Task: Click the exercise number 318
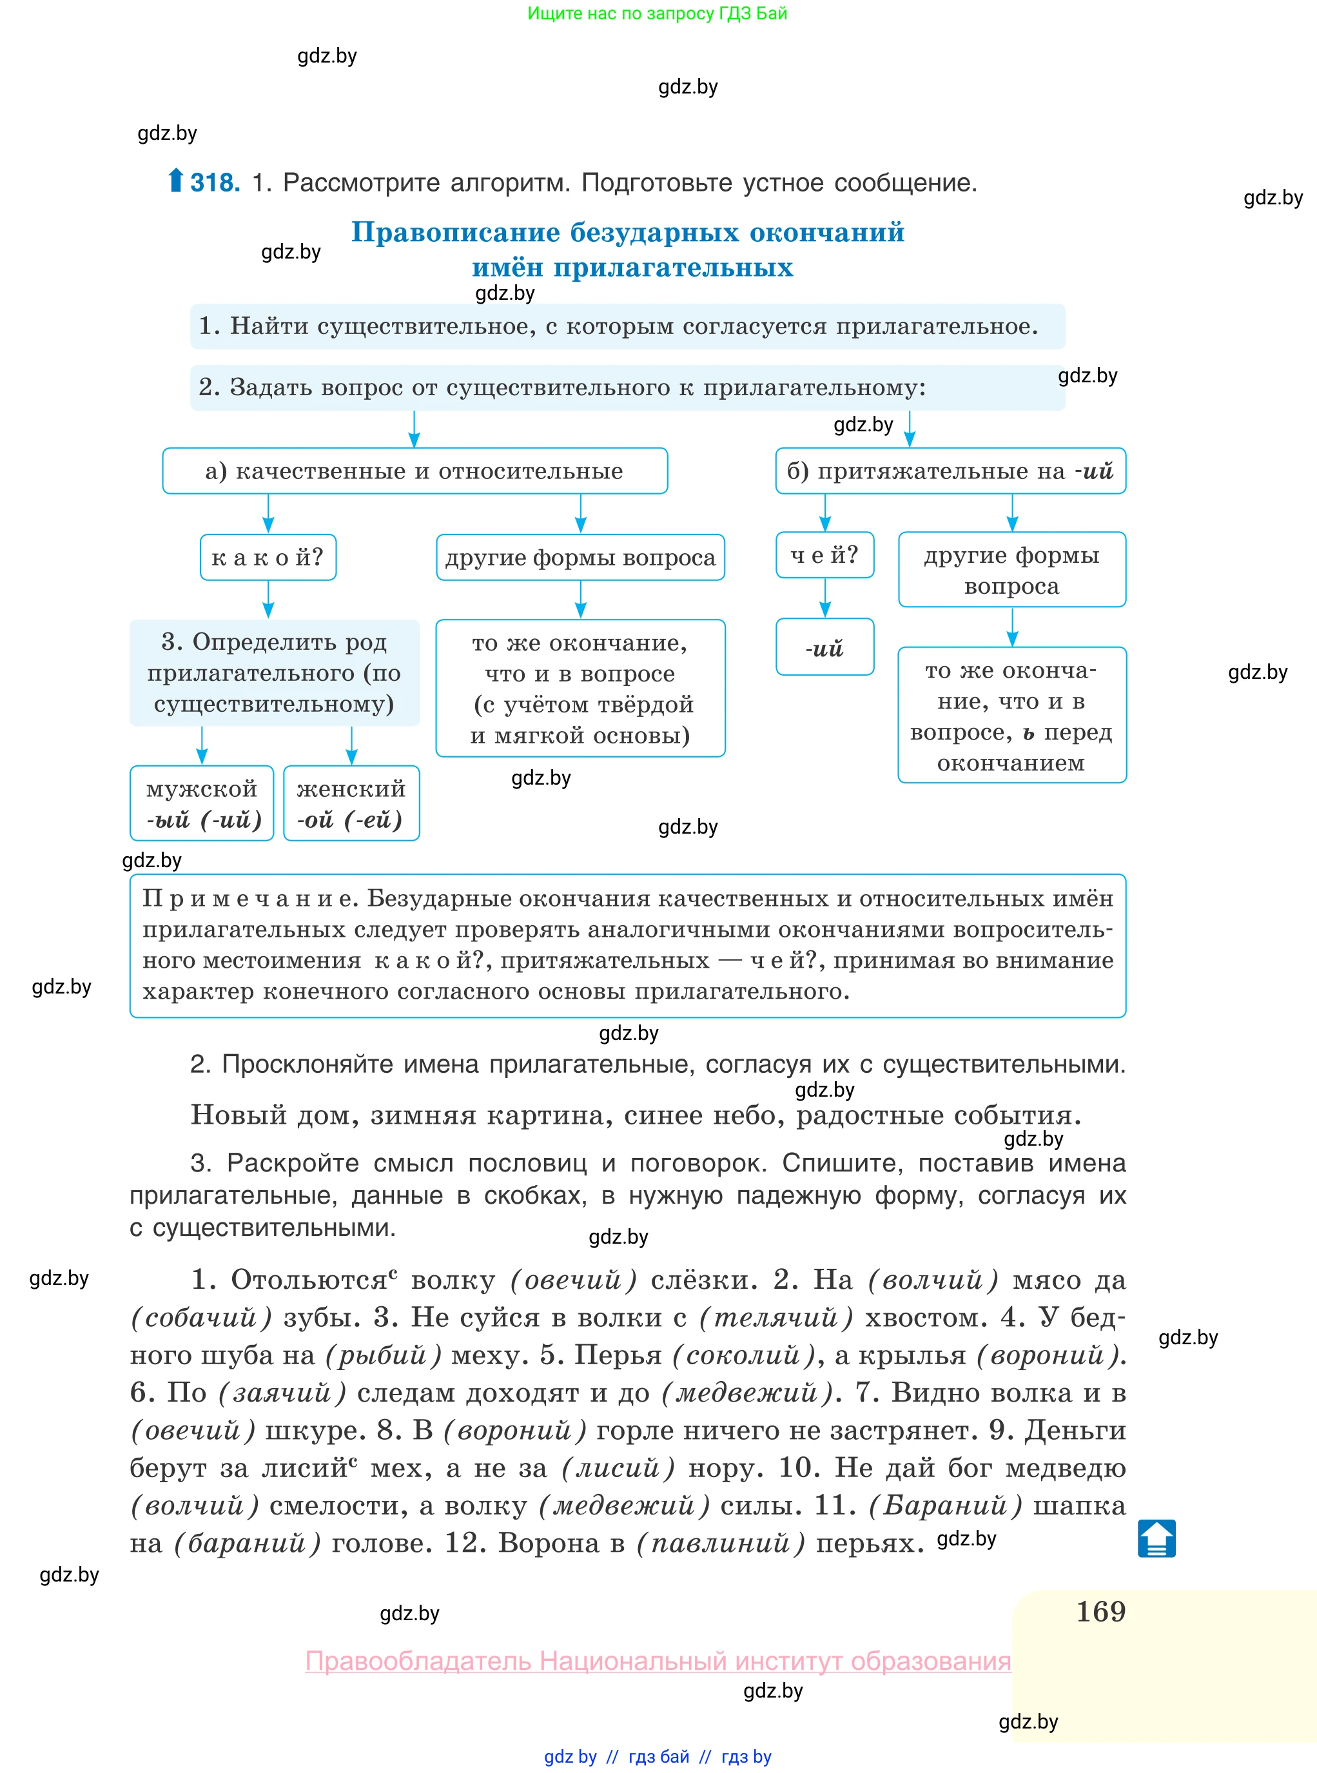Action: (215, 182)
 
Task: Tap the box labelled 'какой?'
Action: (268, 557)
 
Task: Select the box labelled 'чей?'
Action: (824, 555)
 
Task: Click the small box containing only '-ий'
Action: (824, 647)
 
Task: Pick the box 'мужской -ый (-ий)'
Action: (202, 803)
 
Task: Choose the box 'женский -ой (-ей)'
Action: (351, 803)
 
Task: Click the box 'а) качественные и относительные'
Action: (415, 471)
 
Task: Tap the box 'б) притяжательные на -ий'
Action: (950, 471)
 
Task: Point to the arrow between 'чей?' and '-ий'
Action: (825, 598)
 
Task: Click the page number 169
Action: (1100, 1611)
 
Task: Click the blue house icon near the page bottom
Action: (1156, 1538)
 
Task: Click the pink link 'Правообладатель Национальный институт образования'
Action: (658, 1661)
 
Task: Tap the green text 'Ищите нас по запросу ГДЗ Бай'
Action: (657, 14)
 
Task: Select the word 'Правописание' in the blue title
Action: (456, 232)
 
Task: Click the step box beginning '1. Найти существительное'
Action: (627, 326)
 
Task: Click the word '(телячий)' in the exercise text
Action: (776, 1317)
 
